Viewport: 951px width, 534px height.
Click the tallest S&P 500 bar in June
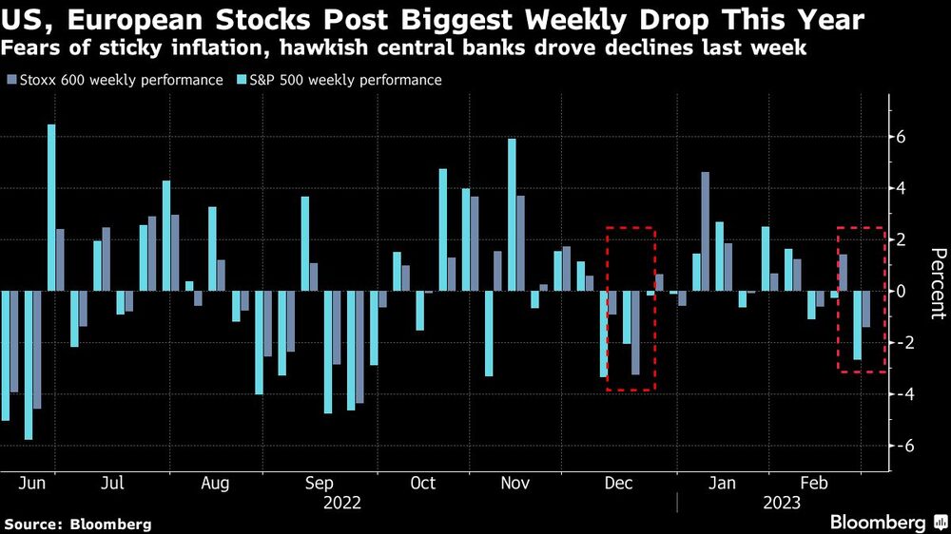[x=51, y=207]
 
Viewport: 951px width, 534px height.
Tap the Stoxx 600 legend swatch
[x=10, y=80]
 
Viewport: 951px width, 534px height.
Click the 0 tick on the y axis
[x=901, y=291]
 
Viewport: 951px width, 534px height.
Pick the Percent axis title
[x=937, y=284]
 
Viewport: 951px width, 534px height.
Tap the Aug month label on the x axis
[x=215, y=484]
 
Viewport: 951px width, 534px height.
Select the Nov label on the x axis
[x=514, y=484]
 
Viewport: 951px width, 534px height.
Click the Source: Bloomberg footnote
[x=77, y=524]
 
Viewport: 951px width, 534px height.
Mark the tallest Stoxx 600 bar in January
[x=706, y=231]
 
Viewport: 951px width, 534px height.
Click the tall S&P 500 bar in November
[x=512, y=215]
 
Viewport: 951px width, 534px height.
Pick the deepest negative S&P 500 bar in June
[x=29, y=365]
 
